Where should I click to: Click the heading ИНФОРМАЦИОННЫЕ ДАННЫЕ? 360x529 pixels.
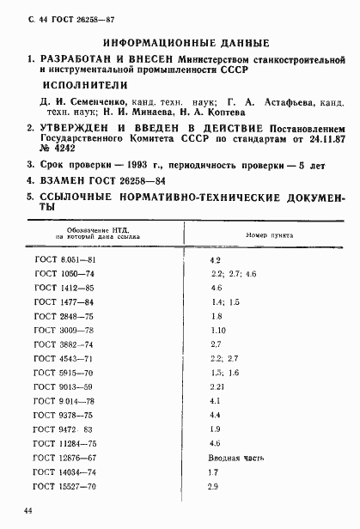186,43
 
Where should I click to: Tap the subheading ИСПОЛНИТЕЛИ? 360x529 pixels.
85,86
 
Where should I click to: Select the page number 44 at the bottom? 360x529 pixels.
29,512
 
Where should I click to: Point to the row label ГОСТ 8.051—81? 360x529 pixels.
64,258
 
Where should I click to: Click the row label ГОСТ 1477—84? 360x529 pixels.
64,301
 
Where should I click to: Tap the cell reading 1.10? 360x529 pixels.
217,330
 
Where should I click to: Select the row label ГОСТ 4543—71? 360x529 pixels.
64,358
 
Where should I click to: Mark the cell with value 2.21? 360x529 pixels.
217,386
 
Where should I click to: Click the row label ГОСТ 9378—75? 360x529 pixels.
64,415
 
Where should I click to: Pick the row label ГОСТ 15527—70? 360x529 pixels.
64,486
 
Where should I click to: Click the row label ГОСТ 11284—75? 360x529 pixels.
64,443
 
